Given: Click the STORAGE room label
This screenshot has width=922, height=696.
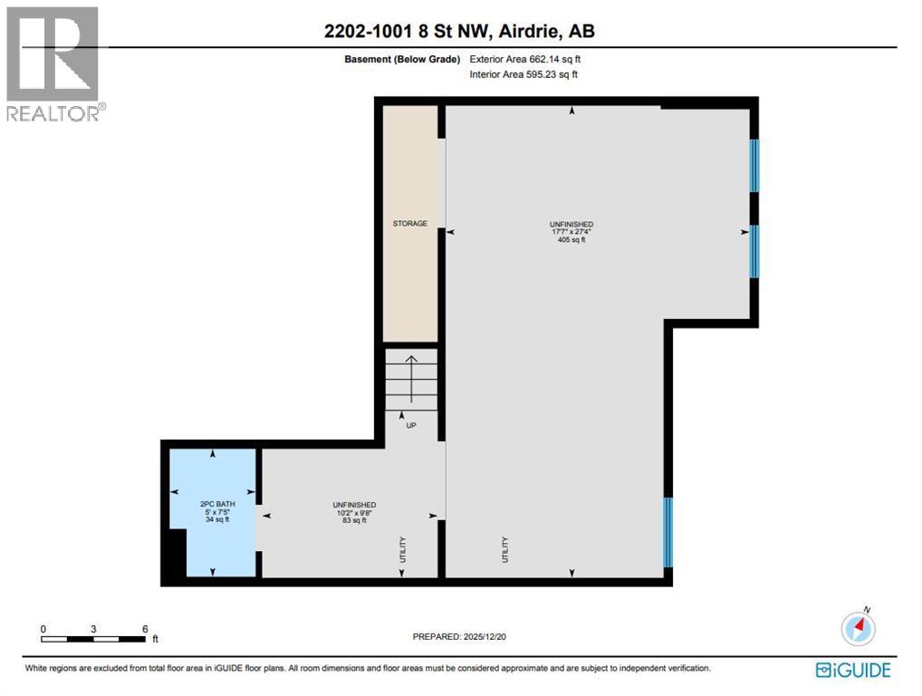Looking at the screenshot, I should [409, 223].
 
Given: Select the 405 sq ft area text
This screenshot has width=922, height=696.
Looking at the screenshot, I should [571, 240].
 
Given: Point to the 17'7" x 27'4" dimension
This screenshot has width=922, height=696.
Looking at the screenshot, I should [571, 232].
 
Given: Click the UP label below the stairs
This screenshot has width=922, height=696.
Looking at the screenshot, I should [410, 425].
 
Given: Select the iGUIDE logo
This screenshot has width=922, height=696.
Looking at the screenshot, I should [852, 671].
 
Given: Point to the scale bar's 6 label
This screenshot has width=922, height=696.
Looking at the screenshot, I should [144, 628].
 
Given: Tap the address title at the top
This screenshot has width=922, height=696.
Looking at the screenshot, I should [459, 31].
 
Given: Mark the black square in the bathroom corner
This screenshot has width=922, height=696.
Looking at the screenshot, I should [174, 554].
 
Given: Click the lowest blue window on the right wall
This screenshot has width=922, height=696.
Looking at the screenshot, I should [668, 532].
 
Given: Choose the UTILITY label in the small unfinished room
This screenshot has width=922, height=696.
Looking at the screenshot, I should [403, 550].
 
